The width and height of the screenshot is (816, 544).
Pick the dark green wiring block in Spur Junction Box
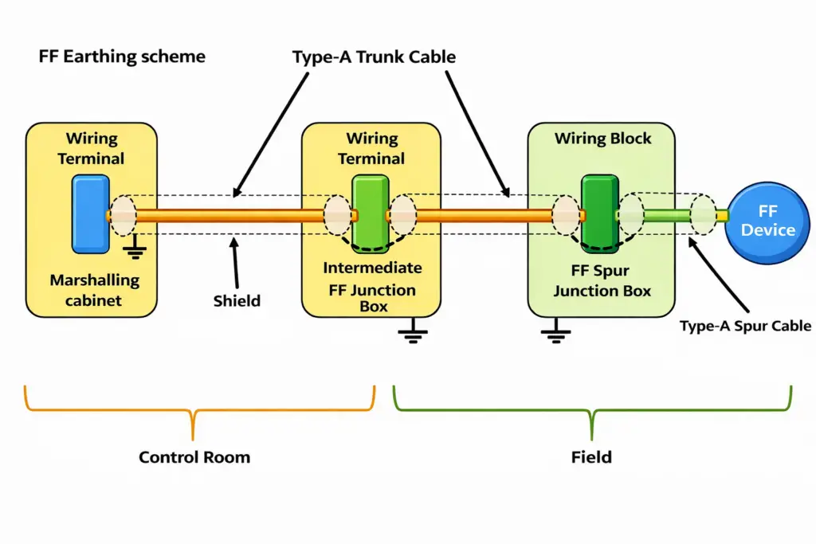(x=600, y=214)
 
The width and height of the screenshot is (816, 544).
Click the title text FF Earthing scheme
(x=121, y=57)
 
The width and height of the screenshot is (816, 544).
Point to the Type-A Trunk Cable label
(x=374, y=57)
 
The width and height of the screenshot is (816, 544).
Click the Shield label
(x=237, y=300)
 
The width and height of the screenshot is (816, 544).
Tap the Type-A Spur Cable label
(x=745, y=325)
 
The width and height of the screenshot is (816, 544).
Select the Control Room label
(x=194, y=457)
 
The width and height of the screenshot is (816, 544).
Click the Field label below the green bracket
(x=591, y=457)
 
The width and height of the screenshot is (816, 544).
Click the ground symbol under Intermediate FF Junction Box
(x=412, y=333)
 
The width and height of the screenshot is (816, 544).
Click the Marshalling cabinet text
(x=94, y=290)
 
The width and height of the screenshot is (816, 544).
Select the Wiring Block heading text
(x=602, y=139)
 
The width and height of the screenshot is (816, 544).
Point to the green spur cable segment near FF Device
(x=667, y=215)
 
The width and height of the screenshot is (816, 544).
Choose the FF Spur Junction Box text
(x=602, y=280)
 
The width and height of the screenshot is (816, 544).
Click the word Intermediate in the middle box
(x=373, y=268)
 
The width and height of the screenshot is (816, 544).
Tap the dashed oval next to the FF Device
(x=703, y=215)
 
